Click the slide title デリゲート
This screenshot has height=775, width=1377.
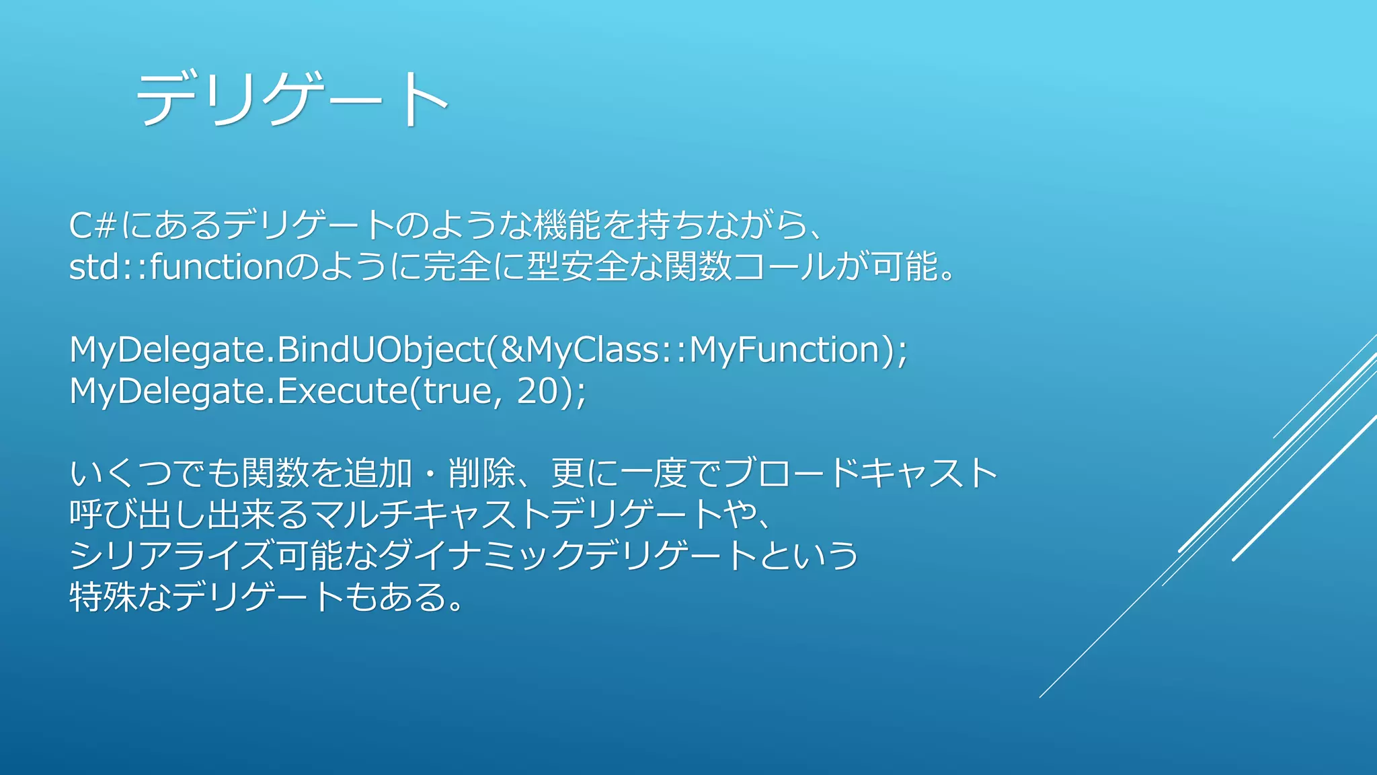(x=292, y=100)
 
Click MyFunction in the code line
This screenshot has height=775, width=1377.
(x=784, y=350)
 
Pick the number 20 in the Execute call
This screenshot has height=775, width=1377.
(x=537, y=392)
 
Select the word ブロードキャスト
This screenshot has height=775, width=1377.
(x=861, y=474)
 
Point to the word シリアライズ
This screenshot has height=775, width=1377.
(x=172, y=556)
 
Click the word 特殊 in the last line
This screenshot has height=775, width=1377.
(x=104, y=597)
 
